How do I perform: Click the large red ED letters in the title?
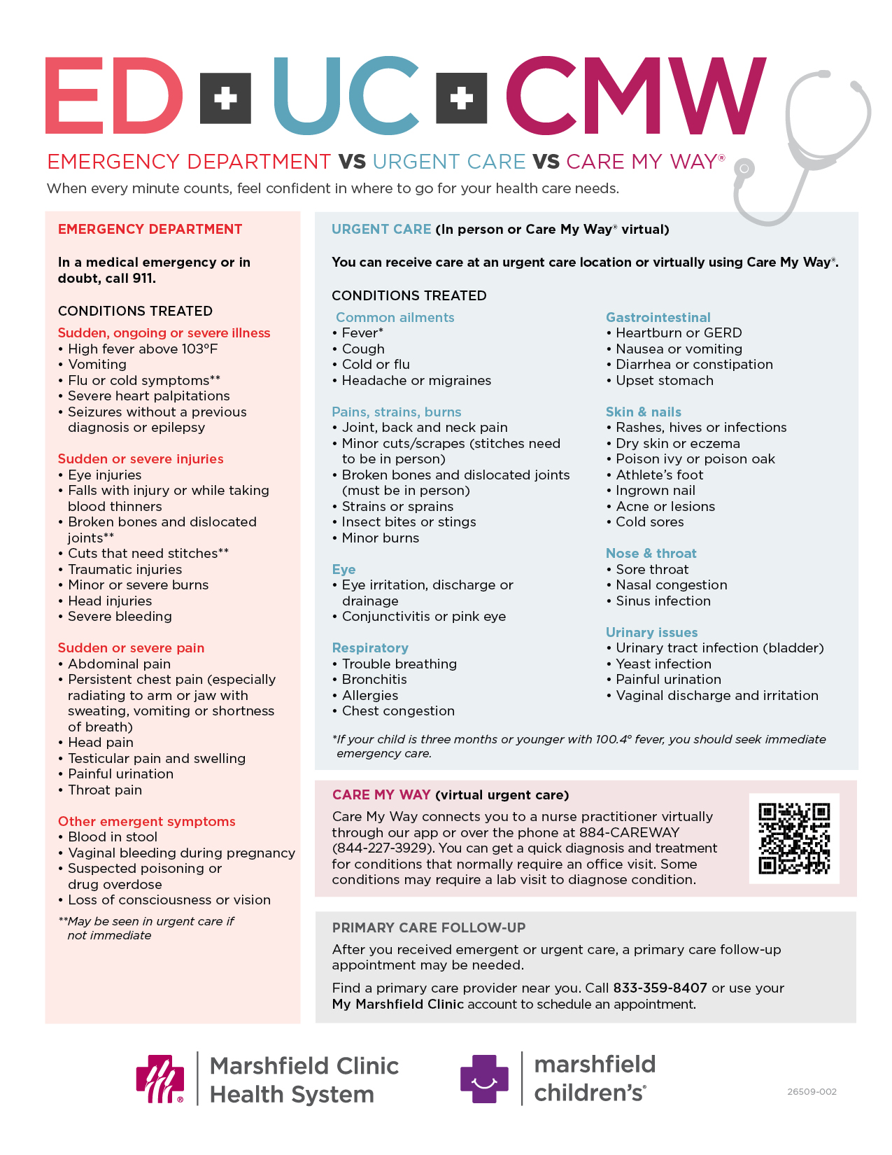(114, 96)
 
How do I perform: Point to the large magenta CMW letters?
(635, 96)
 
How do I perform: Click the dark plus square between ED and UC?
(225, 98)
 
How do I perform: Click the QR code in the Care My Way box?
(794, 838)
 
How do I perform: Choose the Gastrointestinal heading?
(658, 317)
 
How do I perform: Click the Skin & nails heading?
(643, 412)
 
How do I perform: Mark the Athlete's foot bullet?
(659, 475)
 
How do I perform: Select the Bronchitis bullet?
(374, 679)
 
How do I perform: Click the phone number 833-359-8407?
(660, 988)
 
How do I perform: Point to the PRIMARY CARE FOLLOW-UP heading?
(428, 927)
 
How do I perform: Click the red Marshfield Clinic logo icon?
(160, 1079)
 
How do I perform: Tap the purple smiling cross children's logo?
(484, 1079)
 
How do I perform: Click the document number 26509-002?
(812, 1091)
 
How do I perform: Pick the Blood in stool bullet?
(112, 836)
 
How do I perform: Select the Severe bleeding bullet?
(120, 616)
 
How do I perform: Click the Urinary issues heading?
(651, 632)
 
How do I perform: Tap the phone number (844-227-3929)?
(383, 848)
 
